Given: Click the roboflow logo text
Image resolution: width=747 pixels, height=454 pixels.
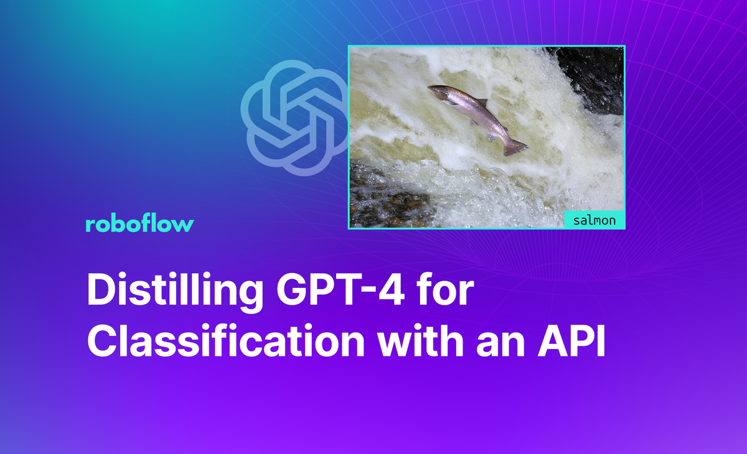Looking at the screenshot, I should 139,225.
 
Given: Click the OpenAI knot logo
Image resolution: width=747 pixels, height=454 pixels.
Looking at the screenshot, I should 294,118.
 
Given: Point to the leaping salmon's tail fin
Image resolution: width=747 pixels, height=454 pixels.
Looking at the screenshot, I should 516,147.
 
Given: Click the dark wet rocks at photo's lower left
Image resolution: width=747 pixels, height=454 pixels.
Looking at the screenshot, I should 380,193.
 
